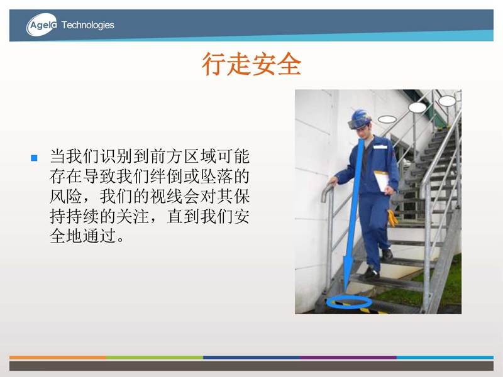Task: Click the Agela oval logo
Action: (41, 25)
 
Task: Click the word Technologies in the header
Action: (87, 25)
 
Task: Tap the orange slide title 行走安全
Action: (251, 64)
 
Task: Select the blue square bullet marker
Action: (34, 158)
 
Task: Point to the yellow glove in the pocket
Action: (392, 218)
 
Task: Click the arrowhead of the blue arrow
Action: (348, 273)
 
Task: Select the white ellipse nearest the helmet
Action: (387, 119)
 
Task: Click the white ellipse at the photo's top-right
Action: (447, 101)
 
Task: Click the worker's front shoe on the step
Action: (370, 274)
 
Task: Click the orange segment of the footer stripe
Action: (58, 357)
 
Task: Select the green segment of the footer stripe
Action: (155, 357)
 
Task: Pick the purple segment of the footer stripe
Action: (348, 357)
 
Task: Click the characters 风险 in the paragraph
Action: (66, 197)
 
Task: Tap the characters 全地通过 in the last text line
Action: (82, 236)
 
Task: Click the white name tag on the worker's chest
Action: (380, 147)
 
